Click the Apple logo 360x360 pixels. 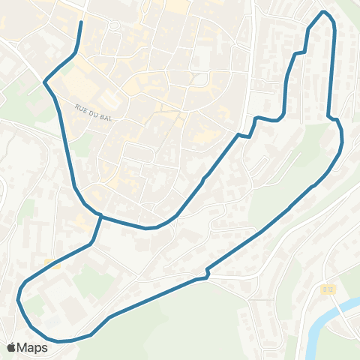click(x=12, y=347)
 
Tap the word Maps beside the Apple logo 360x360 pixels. click(x=32, y=347)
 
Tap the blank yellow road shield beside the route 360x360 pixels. click(x=52, y=262)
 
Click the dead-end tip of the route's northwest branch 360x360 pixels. click(x=81, y=22)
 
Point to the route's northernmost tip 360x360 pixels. click(x=324, y=12)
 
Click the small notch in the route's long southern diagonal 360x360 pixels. click(x=206, y=275)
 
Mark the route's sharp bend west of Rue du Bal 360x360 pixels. click(x=46, y=80)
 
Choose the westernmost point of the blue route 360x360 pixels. click(x=18, y=299)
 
